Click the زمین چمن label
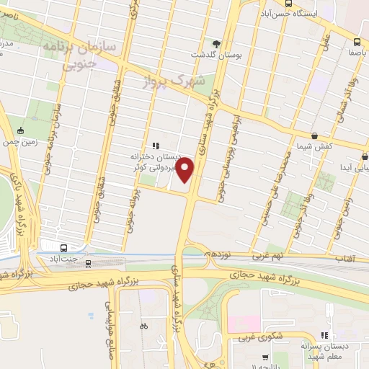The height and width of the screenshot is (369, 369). [x=19, y=143]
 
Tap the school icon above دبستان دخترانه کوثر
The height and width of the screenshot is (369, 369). [x=155, y=146]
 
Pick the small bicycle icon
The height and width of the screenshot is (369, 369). [x=143, y=326]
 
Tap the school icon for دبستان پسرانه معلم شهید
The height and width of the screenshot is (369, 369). [x=324, y=334]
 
